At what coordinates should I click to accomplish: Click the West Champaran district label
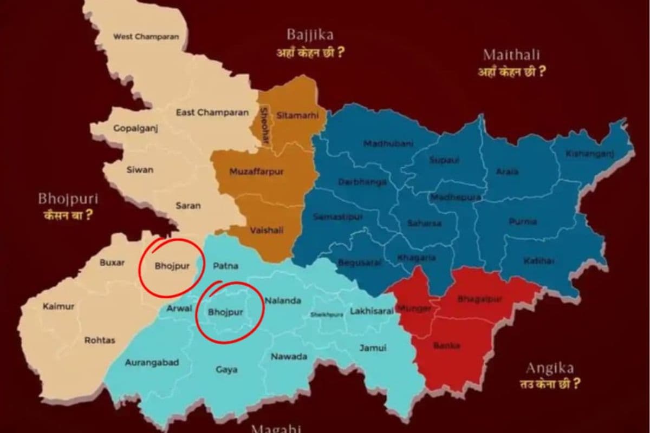[x=146, y=37]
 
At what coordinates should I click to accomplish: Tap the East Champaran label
[x=212, y=113]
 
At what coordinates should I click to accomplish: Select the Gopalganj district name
[x=135, y=128]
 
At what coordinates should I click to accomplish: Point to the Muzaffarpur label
[x=256, y=172]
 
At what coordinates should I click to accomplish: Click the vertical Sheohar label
[x=264, y=125]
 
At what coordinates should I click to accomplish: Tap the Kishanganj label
[x=590, y=154]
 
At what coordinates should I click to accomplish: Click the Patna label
[x=225, y=266]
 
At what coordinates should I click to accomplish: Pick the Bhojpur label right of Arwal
[x=225, y=312]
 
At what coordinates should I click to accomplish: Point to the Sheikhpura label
[x=327, y=315]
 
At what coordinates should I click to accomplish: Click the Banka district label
[x=447, y=345]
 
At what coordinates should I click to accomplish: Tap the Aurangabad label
[x=152, y=363]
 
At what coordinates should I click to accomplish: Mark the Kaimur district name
[x=58, y=306]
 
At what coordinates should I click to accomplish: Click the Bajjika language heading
[x=310, y=36]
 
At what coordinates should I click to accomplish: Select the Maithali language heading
[x=511, y=55]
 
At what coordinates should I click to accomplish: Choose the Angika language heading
[x=549, y=369]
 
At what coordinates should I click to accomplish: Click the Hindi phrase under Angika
[x=549, y=385]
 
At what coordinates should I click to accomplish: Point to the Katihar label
[x=538, y=261]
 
